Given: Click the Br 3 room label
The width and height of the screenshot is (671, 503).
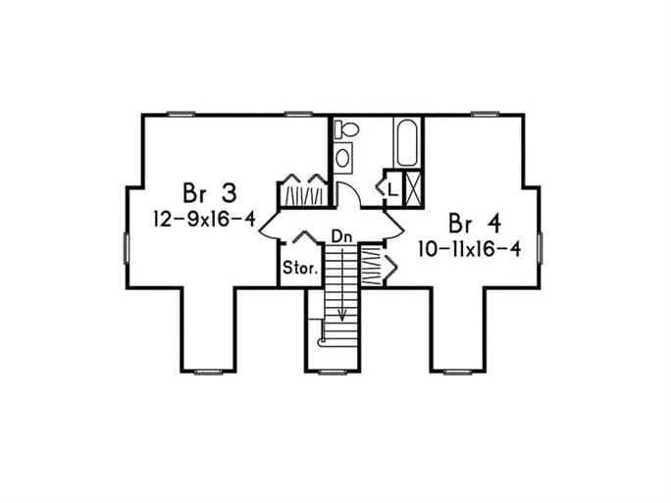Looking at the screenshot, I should (x=208, y=190).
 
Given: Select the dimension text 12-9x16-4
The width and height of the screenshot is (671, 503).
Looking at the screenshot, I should (x=204, y=219).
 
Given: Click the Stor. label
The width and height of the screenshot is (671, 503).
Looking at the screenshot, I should (x=298, y=268).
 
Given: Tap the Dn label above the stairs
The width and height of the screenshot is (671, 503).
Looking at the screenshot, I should (x=341, y=236).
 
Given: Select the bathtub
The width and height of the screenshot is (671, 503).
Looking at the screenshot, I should (x=406, y=142).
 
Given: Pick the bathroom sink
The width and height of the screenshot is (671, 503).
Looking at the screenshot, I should (x=342, y=157).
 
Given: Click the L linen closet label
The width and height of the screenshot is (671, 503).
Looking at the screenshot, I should (x=391, y=187).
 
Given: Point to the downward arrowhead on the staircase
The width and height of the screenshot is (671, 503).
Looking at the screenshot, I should (x=342, y=316).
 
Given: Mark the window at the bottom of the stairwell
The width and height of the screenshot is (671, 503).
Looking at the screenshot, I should (x=334, y=372).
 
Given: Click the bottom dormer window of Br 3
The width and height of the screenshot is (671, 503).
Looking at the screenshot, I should (x=208, y=372).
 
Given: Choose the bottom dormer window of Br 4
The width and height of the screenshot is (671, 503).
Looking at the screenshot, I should (x=459, y=372).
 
